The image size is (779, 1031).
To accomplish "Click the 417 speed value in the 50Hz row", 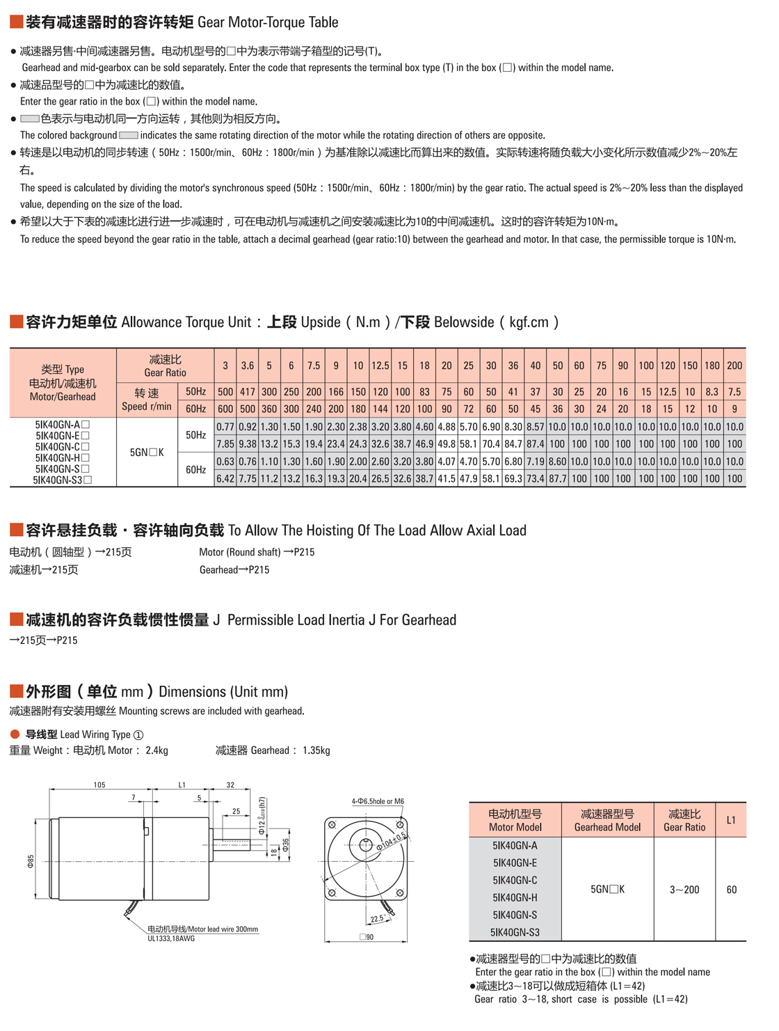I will coord(247,392).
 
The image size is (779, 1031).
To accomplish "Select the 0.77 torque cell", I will coord(225,427).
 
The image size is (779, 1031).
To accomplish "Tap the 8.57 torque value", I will coord(535,427).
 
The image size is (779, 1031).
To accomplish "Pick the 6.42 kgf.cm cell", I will coord(225,479).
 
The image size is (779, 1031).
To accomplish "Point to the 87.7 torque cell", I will coord(557,479).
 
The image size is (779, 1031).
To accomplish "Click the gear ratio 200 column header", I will coord(734,365).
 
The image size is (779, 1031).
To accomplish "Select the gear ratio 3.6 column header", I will coord(247,365).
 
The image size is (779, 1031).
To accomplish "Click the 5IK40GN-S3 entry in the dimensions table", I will coord(515,932).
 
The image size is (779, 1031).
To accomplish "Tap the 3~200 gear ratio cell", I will coord(684,890).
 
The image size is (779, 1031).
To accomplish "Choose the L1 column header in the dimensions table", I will coord(731,820).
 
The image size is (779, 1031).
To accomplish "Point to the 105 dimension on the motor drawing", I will coord(99,785).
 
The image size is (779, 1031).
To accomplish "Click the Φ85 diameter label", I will coord(31,861).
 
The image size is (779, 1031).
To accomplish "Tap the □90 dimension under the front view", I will coord(367,937).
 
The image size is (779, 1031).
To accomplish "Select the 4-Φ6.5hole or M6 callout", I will coord(378,801).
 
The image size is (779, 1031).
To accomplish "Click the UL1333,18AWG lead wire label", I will coord(171,938).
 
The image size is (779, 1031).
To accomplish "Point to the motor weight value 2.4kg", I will coord(156,750).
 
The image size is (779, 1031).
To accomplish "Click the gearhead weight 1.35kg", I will coord(316,750).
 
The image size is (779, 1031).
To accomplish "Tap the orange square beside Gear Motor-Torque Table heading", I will coord(16,22).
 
